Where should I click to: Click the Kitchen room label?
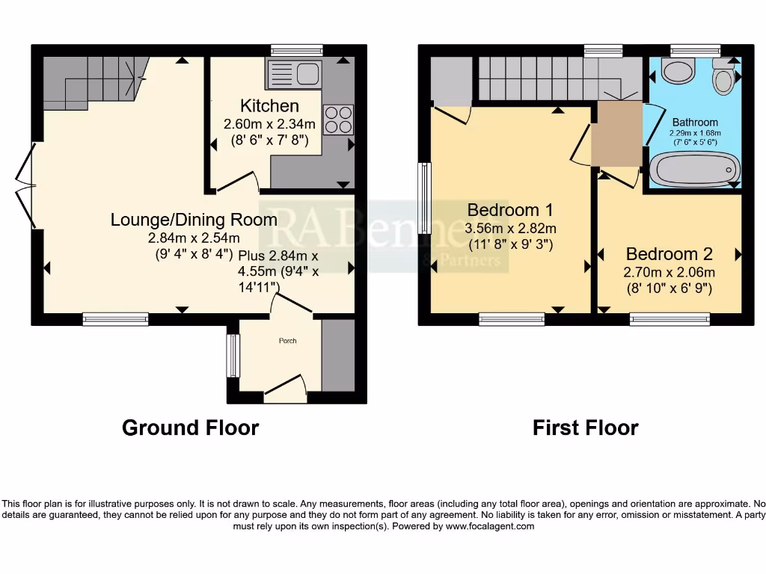pos(269,106)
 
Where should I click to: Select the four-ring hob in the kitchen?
pos(338,120)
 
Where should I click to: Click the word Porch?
pos(287,341)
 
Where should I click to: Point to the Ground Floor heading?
pos(190,428)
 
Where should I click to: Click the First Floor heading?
pos(585,428)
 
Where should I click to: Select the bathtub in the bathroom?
pos(693,170)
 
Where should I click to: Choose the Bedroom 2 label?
pos(670,254)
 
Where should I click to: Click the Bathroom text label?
pos(695,122)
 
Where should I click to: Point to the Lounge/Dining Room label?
pos(194,220)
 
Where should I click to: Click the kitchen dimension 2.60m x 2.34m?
pos(269,124)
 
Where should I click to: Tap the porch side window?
pos(233,356)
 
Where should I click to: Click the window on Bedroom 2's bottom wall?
pos(670,320)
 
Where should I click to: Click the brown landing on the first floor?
pos(616,135)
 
